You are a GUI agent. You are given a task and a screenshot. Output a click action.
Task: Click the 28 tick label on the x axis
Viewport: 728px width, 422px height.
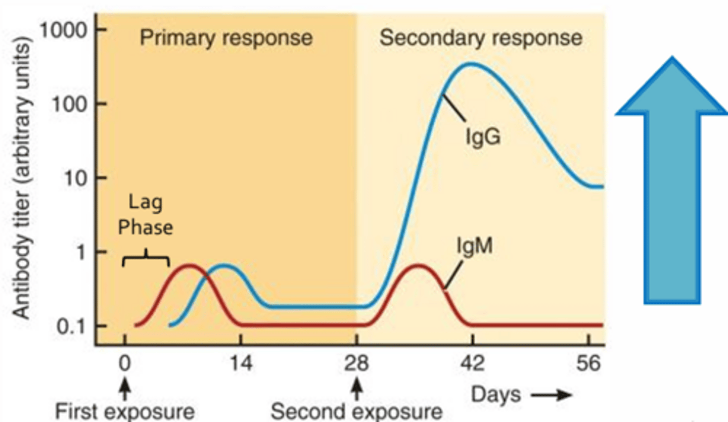[x=357, y=364]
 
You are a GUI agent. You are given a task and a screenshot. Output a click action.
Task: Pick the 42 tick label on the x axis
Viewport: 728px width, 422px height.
[x=473, y=364]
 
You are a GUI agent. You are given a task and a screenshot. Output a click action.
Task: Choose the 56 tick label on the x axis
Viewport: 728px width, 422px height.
[x=588, y=364]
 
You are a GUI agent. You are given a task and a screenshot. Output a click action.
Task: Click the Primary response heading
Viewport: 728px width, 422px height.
[x=226, y=38]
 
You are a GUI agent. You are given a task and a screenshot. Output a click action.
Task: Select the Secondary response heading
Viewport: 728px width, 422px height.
[x=481, y=38]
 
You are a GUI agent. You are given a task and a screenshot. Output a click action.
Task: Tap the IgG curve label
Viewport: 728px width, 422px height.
[x=483, y=137]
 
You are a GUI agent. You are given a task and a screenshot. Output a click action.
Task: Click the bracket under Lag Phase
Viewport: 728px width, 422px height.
[x=146, y=258]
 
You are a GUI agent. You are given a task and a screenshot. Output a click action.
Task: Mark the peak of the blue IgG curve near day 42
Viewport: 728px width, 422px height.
[x=471, y=64]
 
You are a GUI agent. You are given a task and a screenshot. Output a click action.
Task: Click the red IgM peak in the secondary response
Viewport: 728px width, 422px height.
[x=419, y=265]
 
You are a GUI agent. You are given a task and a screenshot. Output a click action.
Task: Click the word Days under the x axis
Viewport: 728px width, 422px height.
[x=495, y=394]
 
